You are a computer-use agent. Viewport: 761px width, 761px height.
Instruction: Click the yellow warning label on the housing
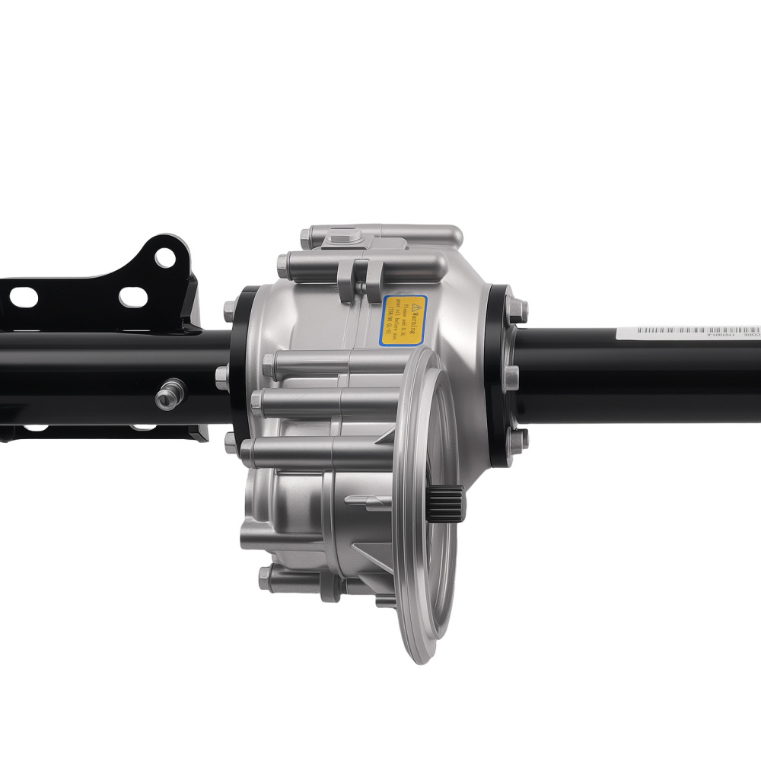pyautogui.click(x=404, y=320)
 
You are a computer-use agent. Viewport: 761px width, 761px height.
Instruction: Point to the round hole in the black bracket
pyautogui.click(x=165, y=258)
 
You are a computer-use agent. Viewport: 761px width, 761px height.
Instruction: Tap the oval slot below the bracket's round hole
pyautogui.click(x=133, y=297)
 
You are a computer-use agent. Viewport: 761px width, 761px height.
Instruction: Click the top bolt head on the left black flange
pyautogui.click(x=229, y=310)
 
